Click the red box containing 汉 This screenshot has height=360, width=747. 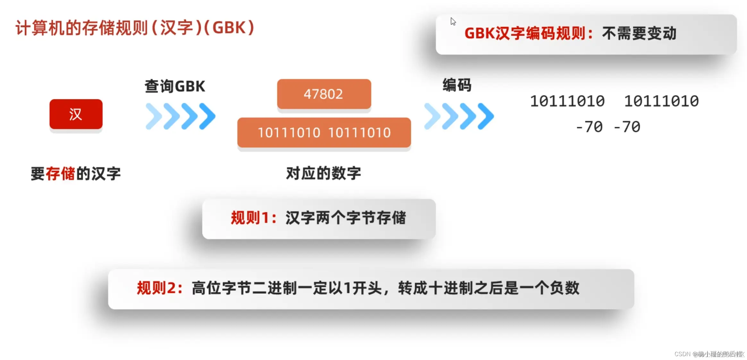[x=76, y=114]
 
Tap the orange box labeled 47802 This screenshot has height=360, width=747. [x=324, y=94]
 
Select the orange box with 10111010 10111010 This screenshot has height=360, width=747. [x=324, y=133]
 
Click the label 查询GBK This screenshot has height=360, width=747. [x=175, y=86]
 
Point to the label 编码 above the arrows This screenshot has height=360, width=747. [x=457, y=85]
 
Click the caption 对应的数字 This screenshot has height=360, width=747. [x=323, y=173]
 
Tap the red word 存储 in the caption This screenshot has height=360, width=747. [x=60, y=174]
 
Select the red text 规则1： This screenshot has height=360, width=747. [x=254, y=218]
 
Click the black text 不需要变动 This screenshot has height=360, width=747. [x=639, y=33]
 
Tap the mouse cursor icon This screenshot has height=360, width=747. [x=453, y=21]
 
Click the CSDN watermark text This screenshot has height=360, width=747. [x=709, y=354]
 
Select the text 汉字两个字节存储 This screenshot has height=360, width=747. [x=346, y=218]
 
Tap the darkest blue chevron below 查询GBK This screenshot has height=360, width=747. [x=208, y=116]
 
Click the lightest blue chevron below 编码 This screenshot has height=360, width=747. [x=432, y=116]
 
